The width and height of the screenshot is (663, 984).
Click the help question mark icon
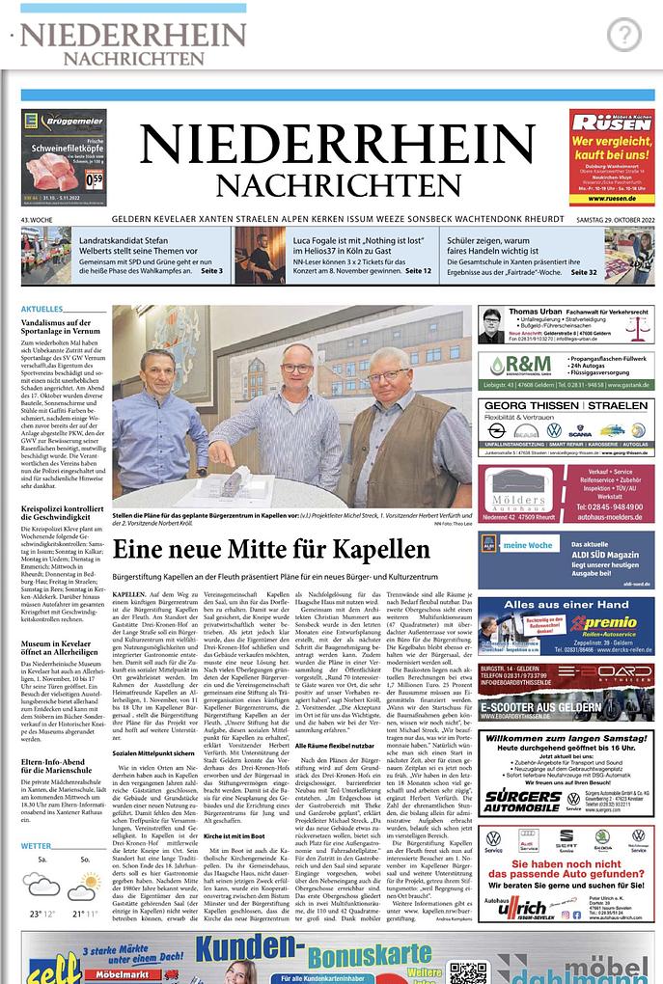pyautogui.click(x=624, y=36)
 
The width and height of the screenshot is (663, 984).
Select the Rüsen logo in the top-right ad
pyautogui.click(x=611, y=126)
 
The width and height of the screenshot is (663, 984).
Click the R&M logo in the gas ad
pyautogui.click(x=521, y=365)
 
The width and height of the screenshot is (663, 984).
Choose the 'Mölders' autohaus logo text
pyautogui.click(x=520, y=502)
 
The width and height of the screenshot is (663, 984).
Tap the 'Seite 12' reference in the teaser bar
pyautogui.click(x=418, y=272)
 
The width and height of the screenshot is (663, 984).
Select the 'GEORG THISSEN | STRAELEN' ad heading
pyautogui.click(x=566, y=406)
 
